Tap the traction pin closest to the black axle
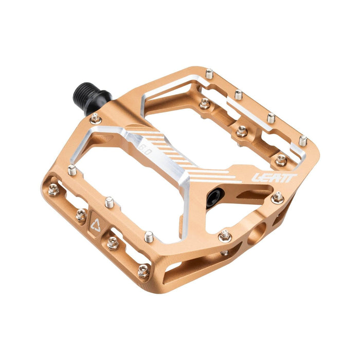pos(96,119)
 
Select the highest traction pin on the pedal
pos(209,74)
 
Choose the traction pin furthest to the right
pos(303,140)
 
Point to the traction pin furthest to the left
pos(53,190)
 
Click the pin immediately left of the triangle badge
pos(81,214)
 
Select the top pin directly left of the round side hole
pos(224,236)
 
